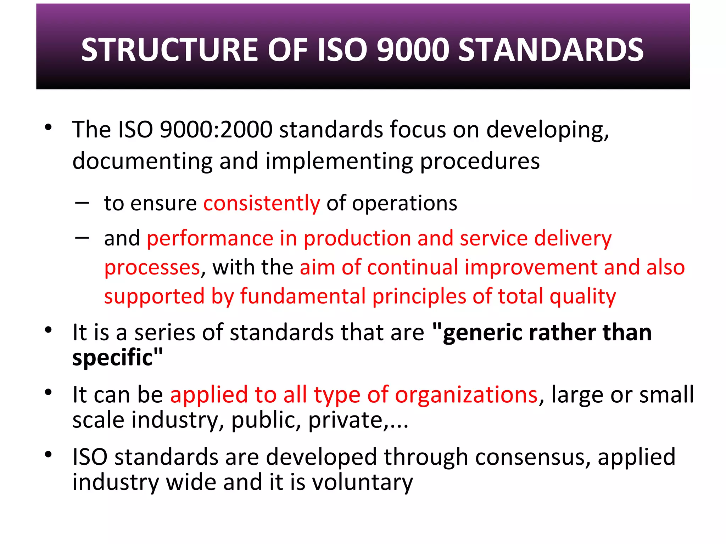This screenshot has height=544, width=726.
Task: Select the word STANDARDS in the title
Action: coord(551,50)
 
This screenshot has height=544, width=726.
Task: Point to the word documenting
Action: coord(142,161)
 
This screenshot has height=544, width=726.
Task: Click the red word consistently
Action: coord(262,203)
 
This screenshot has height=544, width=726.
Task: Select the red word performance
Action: coord(210,238)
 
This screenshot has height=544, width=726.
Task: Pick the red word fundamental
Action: coord(303,296)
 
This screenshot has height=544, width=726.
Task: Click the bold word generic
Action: coord(482,333)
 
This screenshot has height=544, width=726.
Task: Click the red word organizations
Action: coord(467,395)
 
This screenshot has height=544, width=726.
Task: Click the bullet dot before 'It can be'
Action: coord(49,392)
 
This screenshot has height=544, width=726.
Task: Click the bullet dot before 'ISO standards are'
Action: coord(49,454)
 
